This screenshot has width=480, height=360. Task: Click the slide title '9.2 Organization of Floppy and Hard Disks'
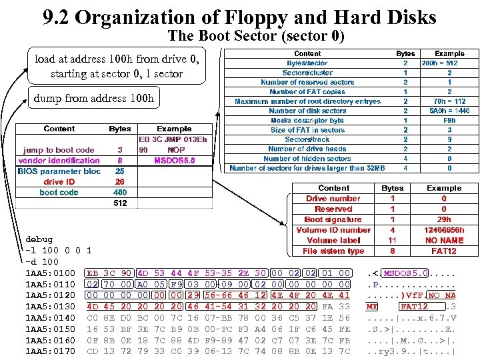coord(239,17)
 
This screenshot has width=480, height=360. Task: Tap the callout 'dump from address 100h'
coord(93,99)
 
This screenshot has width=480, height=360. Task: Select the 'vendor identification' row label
coord(59,160)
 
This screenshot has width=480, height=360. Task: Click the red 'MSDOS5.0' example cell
coord(174,160)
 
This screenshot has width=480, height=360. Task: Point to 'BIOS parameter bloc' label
coord(59,171)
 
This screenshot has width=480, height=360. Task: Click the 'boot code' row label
coord(59,192)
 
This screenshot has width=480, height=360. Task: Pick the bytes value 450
coord(120,192)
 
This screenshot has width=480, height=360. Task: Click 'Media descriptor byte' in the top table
coord(307,120)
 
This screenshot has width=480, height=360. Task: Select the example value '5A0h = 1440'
coord(449,111)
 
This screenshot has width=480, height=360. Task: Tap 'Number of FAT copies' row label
coord(307,91)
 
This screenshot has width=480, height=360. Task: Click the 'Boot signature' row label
coord(333,219)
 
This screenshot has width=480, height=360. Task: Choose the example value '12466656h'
coord(444,230)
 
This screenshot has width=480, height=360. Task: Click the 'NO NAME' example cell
coord(444,240)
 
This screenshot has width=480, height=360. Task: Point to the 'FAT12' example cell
coord(444,251)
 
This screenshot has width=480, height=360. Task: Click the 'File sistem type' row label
coord(333,251)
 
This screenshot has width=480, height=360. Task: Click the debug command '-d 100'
coord(41,261)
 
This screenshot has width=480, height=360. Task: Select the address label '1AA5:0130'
coord(50,306)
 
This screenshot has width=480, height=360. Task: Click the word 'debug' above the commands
coord(38,239)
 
